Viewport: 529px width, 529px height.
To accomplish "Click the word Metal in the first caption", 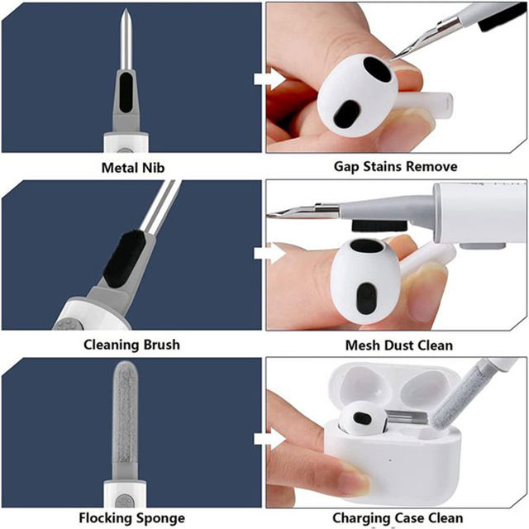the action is (x=117, y=168).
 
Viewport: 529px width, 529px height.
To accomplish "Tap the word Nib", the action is (x=151, y=168).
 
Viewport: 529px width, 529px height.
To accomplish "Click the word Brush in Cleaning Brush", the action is (x=162, y=345).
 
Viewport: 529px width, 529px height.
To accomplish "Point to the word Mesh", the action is (x=362, y=346).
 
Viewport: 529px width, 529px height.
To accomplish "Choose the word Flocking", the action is (x=105, y=518).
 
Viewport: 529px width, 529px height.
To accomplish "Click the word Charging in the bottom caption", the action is (x=361, y=518).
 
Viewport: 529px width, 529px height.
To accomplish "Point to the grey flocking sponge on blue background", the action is (x=125, y=413).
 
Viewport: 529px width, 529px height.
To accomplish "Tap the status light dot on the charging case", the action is (x=390, y=460).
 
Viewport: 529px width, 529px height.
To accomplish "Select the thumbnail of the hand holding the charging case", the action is (x=397, y=433).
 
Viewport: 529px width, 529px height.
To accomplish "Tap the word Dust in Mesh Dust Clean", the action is (x=399, y=346).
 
